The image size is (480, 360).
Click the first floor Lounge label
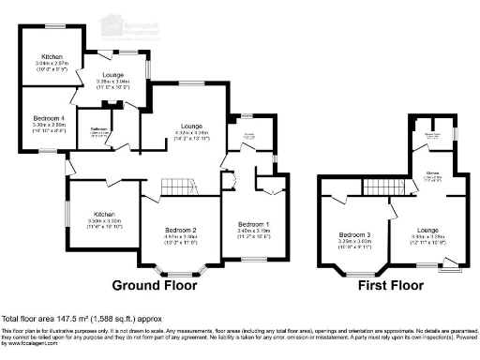tap(427, 229)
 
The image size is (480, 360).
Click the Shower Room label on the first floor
tap(432, 134)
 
